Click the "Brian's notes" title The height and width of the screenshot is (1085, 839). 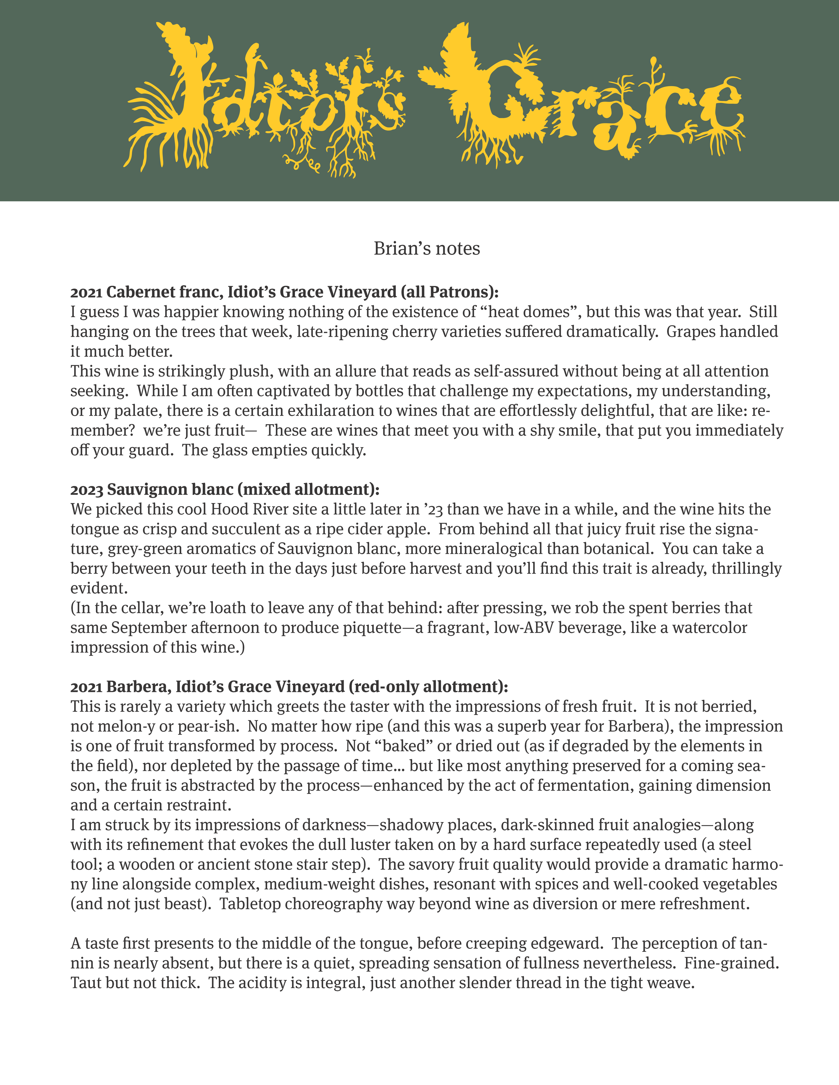tap(427, 249)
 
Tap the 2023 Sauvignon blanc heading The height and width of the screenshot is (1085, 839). tap(225, 489)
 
